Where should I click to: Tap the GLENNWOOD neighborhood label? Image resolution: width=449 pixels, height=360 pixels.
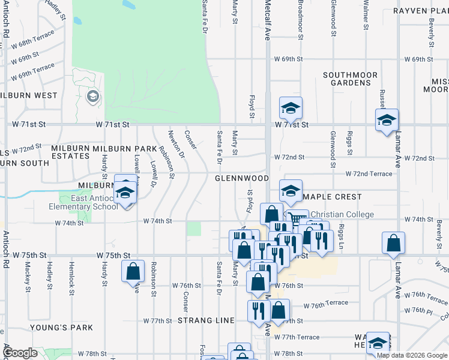click(x=242, y=179)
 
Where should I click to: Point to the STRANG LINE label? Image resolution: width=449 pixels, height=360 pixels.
click(x=206, y=320)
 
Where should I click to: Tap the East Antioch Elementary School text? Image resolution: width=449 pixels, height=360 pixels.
click(x=84, y=203)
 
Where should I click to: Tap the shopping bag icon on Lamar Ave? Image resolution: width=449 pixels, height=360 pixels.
click(x=393, y=243)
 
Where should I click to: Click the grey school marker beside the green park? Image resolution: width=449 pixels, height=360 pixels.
click(x=93, y=97)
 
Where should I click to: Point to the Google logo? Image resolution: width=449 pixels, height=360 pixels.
click(x=20, y=353)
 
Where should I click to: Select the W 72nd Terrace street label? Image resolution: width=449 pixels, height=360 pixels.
click(x=369, y=174)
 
